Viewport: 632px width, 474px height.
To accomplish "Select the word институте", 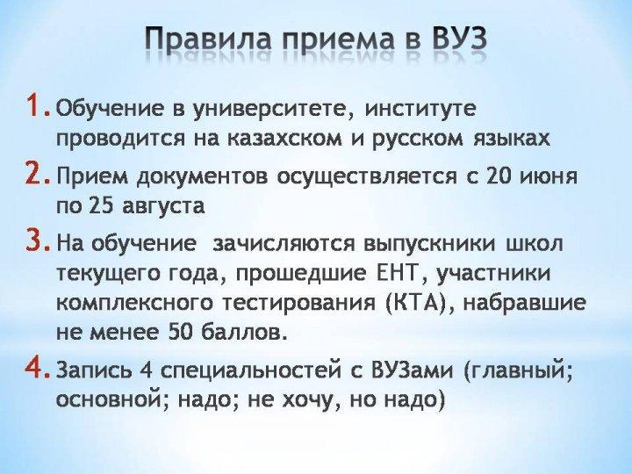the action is click(420, 109).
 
